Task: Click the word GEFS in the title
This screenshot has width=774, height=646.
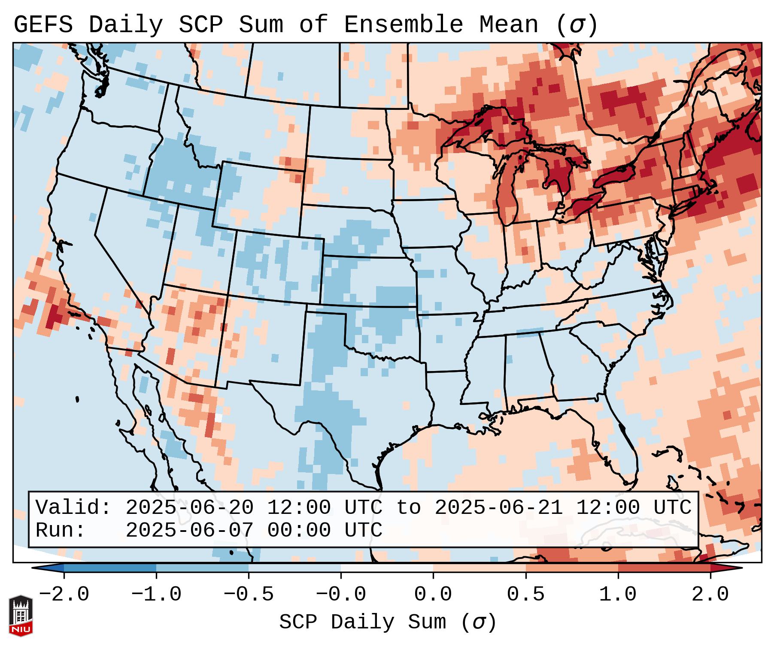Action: click(x=43, y=25)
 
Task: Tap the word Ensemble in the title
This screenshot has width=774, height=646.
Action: click(x=403, y=25)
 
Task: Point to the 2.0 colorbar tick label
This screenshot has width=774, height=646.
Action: click(x=710, y=595)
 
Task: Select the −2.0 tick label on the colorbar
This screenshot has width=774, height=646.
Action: click(x=64, y=595)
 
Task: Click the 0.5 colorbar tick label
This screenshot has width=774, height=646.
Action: click(x=525, y=595)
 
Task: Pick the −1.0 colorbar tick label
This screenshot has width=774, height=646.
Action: click(x=156, y=595)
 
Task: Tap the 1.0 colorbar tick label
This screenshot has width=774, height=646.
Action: click(x=618, y=595)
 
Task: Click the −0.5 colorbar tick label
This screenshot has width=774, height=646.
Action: click(x=249, y=595)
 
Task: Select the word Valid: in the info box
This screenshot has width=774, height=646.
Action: click(x=73, y=508)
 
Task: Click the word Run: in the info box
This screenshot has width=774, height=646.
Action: click(x=61, y=531)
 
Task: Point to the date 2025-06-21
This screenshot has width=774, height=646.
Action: click(x=498, y=508)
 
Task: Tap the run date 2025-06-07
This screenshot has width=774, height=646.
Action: click(x=189, y=531)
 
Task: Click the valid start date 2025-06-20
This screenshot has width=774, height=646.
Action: click(x=189, y=508)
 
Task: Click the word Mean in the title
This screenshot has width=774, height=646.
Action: click(x=508, y=25)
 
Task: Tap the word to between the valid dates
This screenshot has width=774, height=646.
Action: click(x=408, y=508)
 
